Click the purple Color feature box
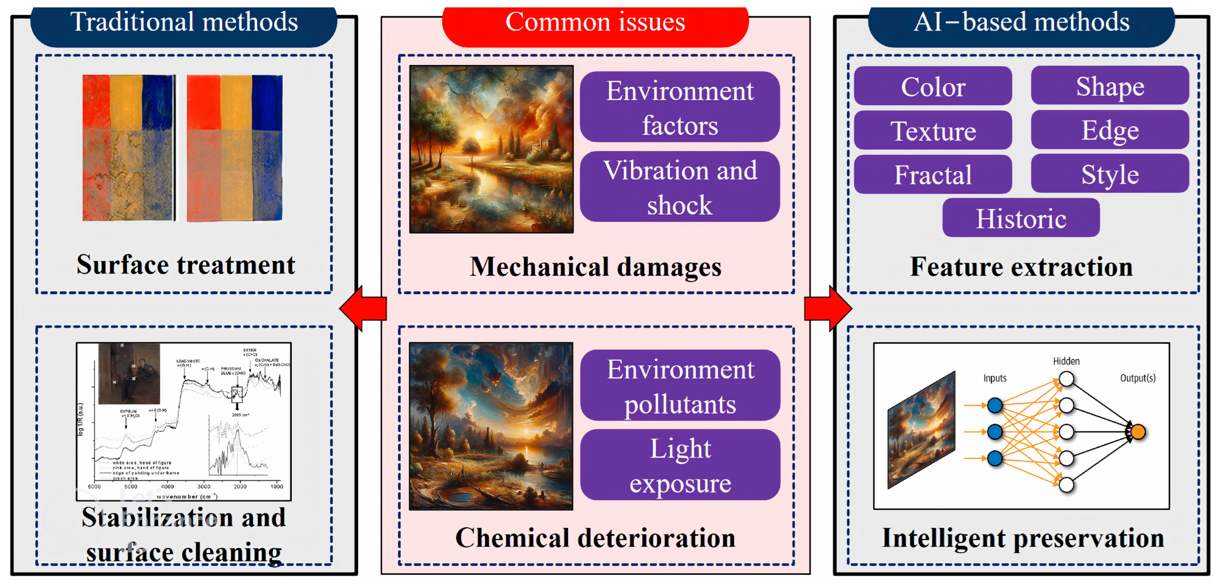click(933, 86)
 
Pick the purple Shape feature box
click(1110, 86)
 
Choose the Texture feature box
click(933, 131)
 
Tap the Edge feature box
click(1110, 130)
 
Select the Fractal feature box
click(933, 175)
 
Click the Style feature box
click(1110, 174)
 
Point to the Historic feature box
click(1021, 218)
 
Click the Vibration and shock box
click(680, 187)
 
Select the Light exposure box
click(680, 465)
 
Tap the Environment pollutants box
click(680, 385)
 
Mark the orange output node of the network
click(1138, 432)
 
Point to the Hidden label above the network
click(1066, 361)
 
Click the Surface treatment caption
click(186, 264)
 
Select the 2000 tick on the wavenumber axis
click(240, 486)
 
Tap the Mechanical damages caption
click(595, 267)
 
